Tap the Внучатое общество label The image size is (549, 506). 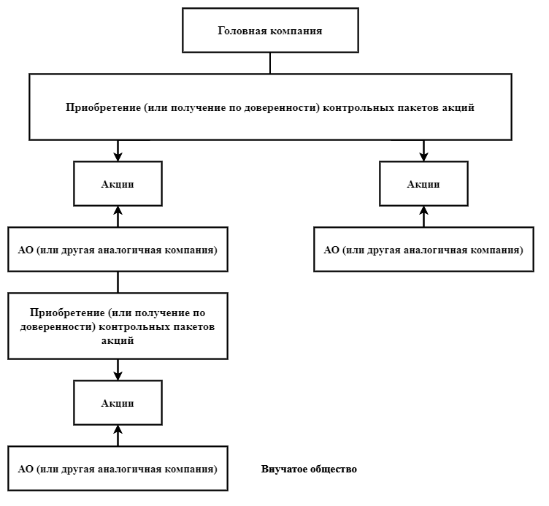click(309, 469)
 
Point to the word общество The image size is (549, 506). click(334, 469)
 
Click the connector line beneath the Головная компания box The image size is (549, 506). click(270, 63)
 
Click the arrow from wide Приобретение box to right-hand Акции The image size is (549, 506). click(423, 150)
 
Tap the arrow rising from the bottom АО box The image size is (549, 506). click(118, 435)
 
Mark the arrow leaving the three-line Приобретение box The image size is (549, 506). click(118, 369)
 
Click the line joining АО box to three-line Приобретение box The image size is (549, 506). click(118, 283)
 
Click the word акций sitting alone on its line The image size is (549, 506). click(118, 340)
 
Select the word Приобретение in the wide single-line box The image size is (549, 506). click(103, 107)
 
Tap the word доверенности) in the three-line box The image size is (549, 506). click(58, 326)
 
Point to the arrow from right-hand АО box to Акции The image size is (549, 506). click(423, 216)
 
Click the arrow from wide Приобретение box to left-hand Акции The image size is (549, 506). click(118, 150)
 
